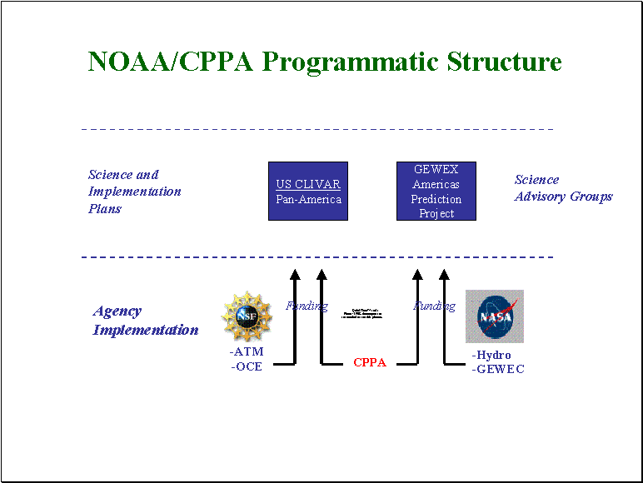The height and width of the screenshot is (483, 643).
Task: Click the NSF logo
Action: point(247,316)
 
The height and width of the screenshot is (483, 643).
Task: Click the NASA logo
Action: point(495,316)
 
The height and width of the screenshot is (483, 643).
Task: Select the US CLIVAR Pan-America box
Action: point(308,192)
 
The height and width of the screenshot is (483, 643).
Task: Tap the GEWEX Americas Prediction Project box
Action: point(436,192)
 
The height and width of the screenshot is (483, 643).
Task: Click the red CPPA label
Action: point(370,363)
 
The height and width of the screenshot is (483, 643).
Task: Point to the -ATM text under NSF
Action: point(247,352)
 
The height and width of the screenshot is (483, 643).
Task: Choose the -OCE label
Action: point(247,366)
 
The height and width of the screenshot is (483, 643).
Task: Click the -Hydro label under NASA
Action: point(491,356)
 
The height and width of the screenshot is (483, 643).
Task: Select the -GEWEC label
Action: point(498,369)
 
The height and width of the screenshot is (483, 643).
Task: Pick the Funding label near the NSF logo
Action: point(307,306)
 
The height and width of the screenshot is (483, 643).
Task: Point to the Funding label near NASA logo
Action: point(434,306)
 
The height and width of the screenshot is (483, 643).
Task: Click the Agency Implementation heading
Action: point(146,321)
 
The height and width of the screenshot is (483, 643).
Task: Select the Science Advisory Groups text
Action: point(563,188)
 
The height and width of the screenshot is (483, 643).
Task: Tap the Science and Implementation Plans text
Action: point(134,192)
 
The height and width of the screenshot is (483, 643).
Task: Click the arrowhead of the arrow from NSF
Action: point(294,276)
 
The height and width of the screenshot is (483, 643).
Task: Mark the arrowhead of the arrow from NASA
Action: point(444,276)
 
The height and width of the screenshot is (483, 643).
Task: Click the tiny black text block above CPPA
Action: point(361,314)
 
